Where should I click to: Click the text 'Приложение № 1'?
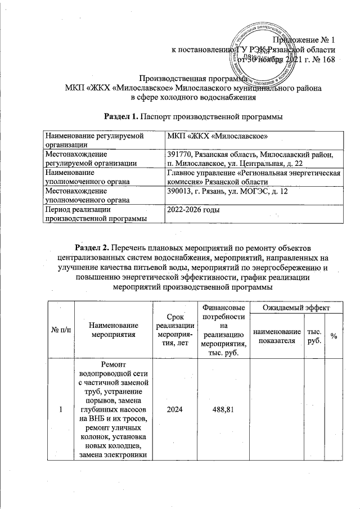[304, 39]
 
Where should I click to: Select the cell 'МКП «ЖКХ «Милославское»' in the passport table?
[217, 137]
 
